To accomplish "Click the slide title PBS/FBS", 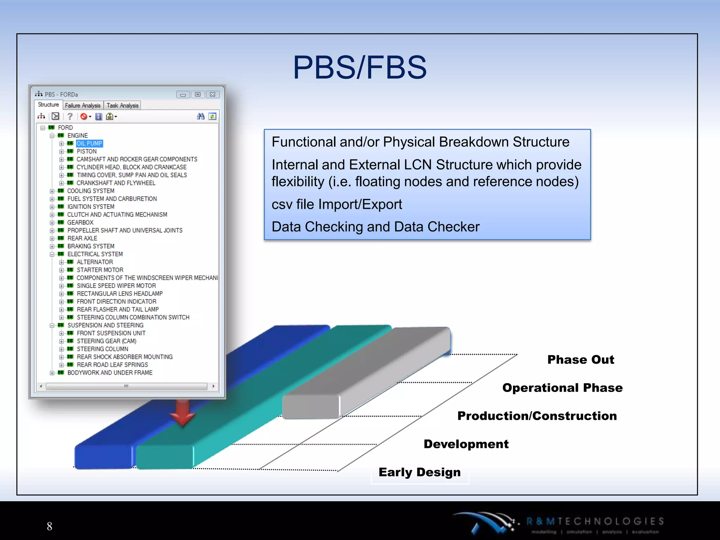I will coord(360,67).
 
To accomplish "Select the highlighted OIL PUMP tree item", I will coord(89,143).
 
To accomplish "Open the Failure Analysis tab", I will coord(83,105).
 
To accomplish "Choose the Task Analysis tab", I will coord(122,105).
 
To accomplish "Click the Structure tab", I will coord(48,105).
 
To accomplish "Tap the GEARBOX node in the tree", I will coord(80,223).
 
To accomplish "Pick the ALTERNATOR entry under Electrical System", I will coord(95,262).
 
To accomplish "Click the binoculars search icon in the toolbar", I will coord(201,116).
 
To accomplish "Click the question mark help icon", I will coord(70,116).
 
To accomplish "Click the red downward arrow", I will coord(182,413).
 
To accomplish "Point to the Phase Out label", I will coord(580,360).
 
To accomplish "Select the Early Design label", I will coord(419,472).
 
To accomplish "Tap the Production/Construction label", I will coord(537,416).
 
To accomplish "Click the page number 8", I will coord(50,526).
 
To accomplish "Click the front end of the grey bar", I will coord(311,407).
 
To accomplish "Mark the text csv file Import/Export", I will coord(336,204).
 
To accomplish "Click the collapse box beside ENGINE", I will coord(52,136).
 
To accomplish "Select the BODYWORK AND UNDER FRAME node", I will coord(110,373).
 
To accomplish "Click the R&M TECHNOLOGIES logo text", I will coord(595,521).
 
